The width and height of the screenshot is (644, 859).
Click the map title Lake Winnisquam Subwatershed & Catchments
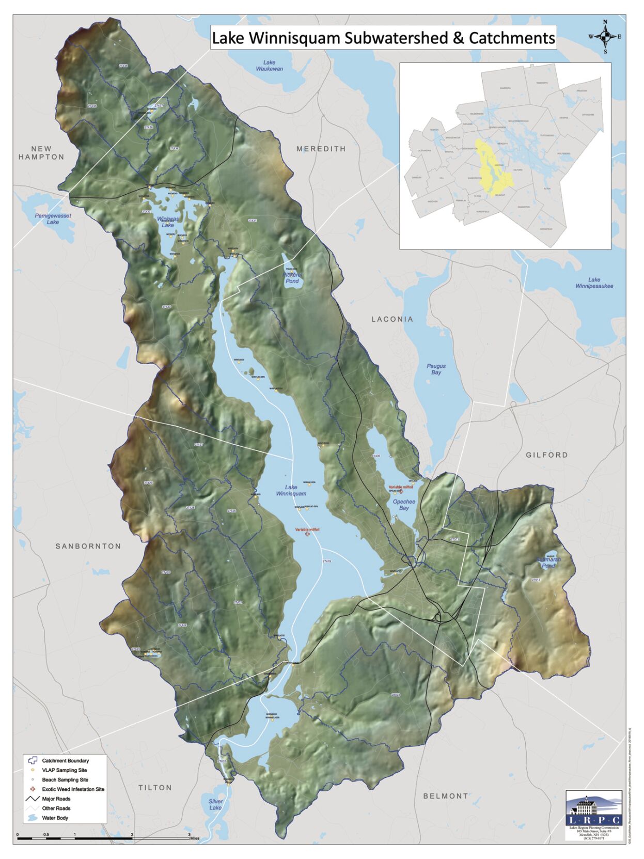pyautogui.click(x=383, y=38)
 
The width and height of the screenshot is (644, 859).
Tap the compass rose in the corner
pyautogui.click(x=605, y=37)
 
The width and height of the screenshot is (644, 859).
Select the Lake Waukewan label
pyautogui.click(x=270, y=66)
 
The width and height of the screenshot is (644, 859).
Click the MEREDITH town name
pyautogui.click(x=321, y=149)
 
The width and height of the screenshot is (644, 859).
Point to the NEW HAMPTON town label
pyautogui.click(x=41, y=153)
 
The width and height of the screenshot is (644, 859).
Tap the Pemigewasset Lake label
pyautogui.click(x=53, y=219)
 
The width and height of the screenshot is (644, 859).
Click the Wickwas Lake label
pyautogui.click(x=168, y=222)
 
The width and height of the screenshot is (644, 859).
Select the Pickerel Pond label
pyautogui.click(x=292, y=278)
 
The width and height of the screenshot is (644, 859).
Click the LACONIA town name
pyautogui.click(x=392, y=319)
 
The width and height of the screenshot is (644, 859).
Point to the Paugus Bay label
pyautogui.click(x=436, y=369)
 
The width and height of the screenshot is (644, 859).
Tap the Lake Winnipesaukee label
pyautogui.click(x=594, y=283)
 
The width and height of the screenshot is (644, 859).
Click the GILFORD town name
pyautogui.click(x=546, y=455)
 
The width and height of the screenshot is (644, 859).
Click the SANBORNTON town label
pyautogui.click(x=88, y=546)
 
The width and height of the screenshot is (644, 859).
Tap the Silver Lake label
pyautogui.click(x=215, y=804)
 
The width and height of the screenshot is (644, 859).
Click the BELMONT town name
pyautogui.click(x=446, y=796)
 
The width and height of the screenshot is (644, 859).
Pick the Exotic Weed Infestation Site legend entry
pyautogui.click(x=73, y=789)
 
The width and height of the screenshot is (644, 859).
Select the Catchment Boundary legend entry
pyautogui.click(x=65, y=760)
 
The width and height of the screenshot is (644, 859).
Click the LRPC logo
pyautogui.click(x=593, y=813)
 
